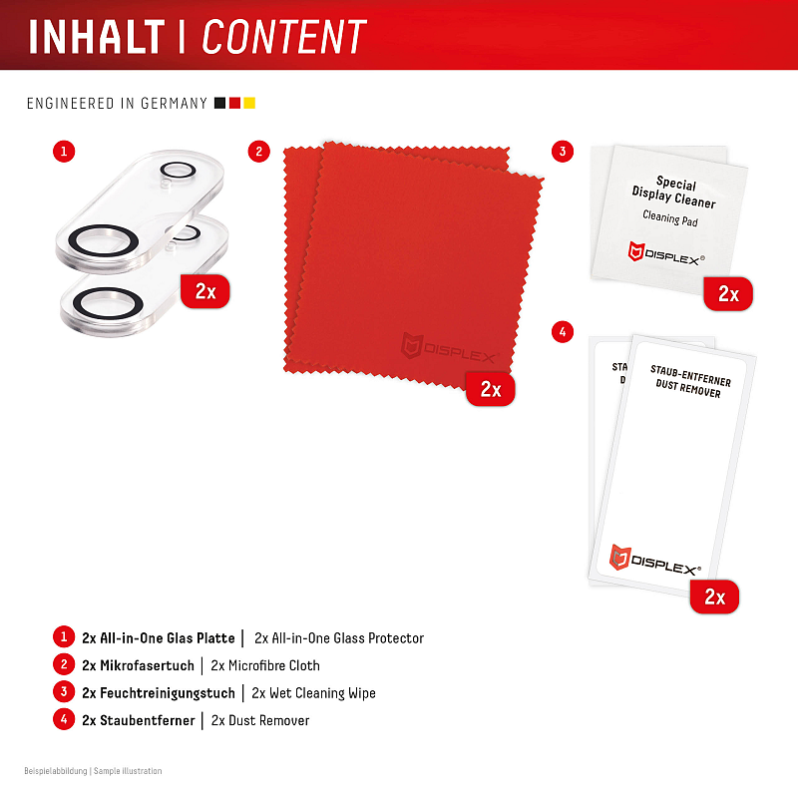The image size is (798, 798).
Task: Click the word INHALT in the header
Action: [x=97, y=37]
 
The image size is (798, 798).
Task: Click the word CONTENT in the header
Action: [x=284, y=37]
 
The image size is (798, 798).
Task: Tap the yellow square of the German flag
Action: [x=249, y=104]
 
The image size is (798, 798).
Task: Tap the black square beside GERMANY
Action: [x=219, y=104]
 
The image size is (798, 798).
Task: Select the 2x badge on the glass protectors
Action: [x=205, y=291]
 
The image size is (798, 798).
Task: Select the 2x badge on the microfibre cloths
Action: [x=491, y=389]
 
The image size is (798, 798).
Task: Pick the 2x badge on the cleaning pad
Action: [x=728, y=293]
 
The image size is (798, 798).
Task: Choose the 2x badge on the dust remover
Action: [x=714, y=597]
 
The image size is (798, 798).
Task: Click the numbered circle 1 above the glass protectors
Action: [x=64, y=152]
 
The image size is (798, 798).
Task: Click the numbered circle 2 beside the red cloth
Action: [x=259, y=152]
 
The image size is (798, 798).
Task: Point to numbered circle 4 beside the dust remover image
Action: [x=563, y=332]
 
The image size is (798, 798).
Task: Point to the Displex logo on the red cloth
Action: [x=449, y=348]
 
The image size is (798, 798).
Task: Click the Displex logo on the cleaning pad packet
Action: [x=666, y=253]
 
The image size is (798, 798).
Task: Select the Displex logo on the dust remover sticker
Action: [x=655, y=560]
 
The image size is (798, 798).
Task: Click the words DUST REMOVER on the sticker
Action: [x=688, y=388]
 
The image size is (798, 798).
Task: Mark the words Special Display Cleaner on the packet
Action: [x=674, y=192]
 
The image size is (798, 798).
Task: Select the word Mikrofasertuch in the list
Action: [x=147, y=665]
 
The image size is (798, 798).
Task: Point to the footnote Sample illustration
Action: [x=128, y=771]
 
